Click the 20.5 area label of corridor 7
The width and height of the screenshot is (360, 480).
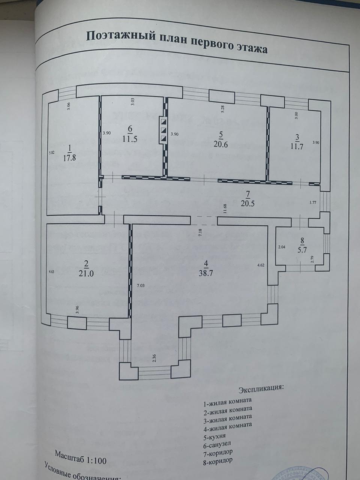pyautogui.click(x=247, y=203)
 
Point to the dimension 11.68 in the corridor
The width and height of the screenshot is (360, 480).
pyautogui.click(x=224, y=208)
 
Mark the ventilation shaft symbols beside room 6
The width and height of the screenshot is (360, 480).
pyautogui.click(x=163, y=130)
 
